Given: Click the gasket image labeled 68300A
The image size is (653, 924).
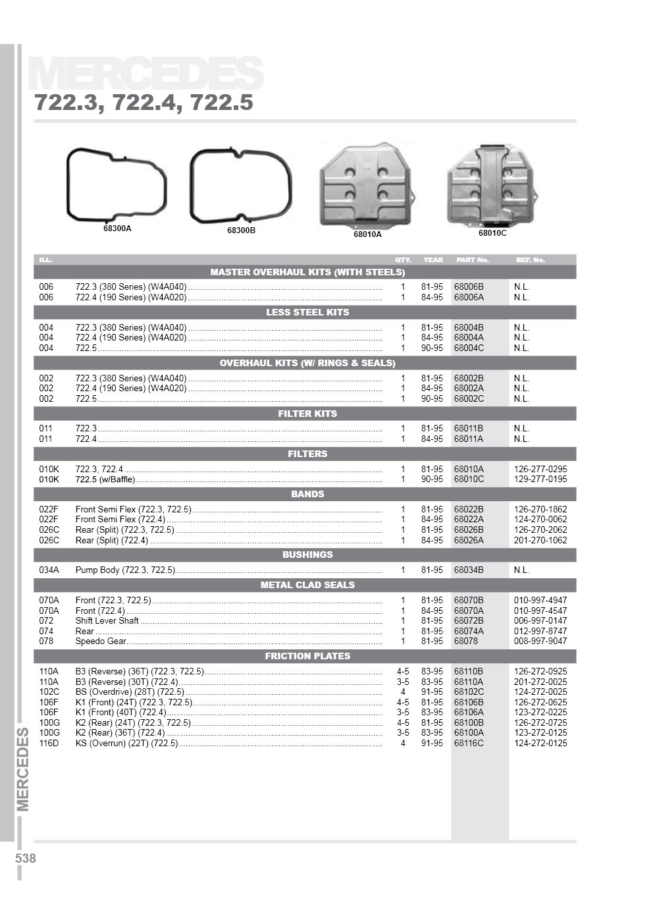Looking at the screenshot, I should click(x=117, y=185).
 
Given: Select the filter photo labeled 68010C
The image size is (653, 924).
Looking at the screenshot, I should click(x=492, y=185).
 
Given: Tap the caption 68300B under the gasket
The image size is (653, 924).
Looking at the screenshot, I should click(x=241, y=231).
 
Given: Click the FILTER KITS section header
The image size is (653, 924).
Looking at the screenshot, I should click(x=307, y=414).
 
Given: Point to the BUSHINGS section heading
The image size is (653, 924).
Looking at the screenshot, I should click(x=307, y=555).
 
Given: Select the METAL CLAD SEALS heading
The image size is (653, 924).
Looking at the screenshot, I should click(x=307, y=585).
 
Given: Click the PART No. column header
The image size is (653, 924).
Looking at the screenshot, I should click(x=472, y=259).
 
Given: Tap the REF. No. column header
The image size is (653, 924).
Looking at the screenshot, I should click(x=531, y=259).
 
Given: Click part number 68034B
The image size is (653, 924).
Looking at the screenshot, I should click(x=469, y=570).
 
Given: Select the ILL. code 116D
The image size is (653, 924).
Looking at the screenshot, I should click(x=49, y=743).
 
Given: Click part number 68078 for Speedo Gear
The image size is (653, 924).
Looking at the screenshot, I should click(x=465, y=641).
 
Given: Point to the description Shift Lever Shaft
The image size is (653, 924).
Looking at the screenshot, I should click(x=107, y=620).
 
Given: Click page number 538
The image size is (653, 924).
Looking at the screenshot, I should click(x=25, y=859).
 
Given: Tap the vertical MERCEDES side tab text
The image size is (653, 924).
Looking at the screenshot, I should click(x=23, y=769).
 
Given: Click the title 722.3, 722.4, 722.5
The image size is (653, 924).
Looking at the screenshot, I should click(x=144, y=103).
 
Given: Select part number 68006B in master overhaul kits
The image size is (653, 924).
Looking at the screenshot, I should click(x=469, y=287).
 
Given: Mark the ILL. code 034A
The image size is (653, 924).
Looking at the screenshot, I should click(x=49, y=570).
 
